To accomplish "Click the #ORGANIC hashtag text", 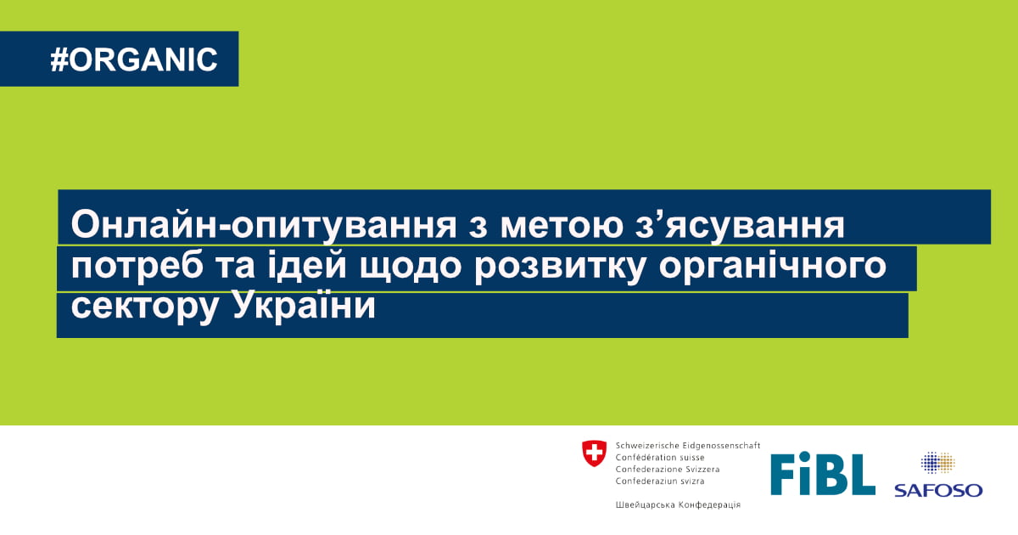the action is [134, 59].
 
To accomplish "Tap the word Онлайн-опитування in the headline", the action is [264, 226].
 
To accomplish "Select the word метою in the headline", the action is [562, 226].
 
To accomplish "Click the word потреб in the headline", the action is [137, 267].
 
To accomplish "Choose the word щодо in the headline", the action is [411, 267].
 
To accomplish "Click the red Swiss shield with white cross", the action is [594, 453].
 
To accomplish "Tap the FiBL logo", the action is [823, 474].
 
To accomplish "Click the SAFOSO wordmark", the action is [938, 491].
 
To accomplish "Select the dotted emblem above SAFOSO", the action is [937, 463].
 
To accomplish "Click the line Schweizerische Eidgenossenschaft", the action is [688, 445].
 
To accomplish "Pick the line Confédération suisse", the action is [660, 457].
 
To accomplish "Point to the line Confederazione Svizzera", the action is [668, 469].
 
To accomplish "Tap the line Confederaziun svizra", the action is [660, 481].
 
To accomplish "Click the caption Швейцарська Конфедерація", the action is [678, 504].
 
